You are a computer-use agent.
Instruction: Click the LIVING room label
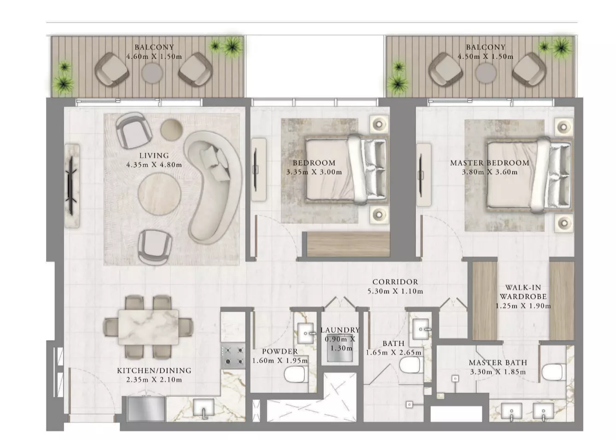pos(154,156)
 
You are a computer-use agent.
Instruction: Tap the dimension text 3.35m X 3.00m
pos(314,172)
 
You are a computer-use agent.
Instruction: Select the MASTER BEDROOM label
pos(489,163)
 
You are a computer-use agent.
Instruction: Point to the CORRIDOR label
pos(395,282)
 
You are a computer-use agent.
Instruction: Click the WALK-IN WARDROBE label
pos(523,292)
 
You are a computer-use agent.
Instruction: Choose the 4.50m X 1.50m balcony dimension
pos(485,57)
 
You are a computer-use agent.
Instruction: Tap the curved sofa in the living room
pos(213,187)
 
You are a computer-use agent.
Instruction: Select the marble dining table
pos(149,327)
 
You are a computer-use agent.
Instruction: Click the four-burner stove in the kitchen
pos(233,355)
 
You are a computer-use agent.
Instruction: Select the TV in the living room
pos(72,185)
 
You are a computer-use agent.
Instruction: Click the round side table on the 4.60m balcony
pos(152,74)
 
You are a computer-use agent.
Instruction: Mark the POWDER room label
pos(280,352)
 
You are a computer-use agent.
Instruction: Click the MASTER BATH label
pos(498,363)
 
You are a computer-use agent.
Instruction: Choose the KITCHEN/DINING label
pos(154,371)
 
